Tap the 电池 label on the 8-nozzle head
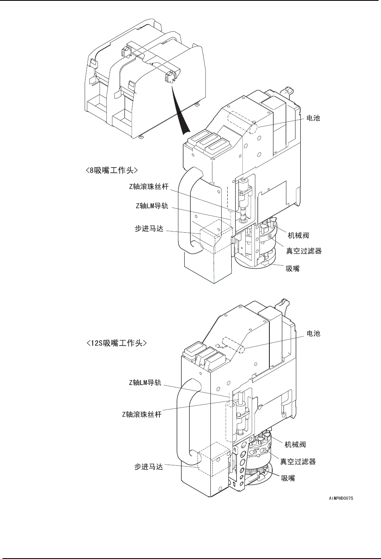tap(313, 119)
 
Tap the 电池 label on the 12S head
tap(313, 333)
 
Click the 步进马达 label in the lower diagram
tap(149, 467)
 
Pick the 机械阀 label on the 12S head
tap(295, 444)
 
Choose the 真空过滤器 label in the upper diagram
tap(304, 252)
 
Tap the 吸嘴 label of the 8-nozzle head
tap(292, 268)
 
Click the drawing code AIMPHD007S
tap(340, 498)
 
